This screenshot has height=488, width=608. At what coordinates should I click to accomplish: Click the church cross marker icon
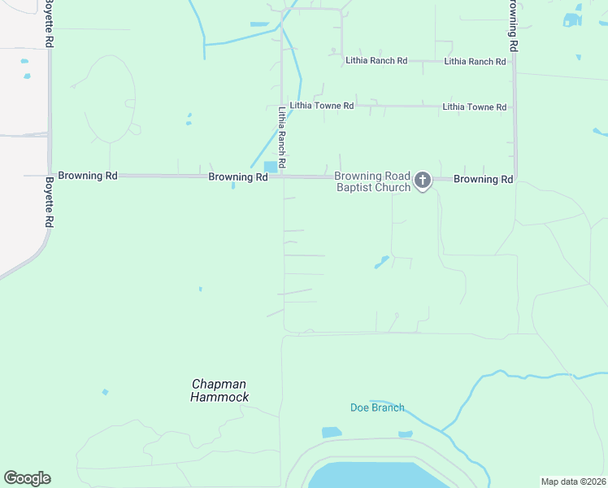(x=422, y=180)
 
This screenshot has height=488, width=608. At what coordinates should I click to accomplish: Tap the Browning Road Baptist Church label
(x=373, y=181)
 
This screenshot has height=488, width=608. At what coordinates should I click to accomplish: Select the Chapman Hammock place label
(x=219, y=390)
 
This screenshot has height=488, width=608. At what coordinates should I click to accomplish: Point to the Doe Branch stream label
(x=377, y=407)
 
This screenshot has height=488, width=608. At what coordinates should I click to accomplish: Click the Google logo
(x=27, y=478)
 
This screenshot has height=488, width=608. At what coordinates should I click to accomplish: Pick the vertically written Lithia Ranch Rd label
(x=282, y=138)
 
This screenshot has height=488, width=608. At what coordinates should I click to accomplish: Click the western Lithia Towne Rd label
(x=321, y=106)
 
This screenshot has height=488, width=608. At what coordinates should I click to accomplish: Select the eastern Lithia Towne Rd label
(x=474, y=107)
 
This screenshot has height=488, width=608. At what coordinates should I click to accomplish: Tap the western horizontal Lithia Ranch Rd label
(x=376, y=60)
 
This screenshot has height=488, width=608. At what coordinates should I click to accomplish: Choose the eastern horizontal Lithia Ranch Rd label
(x=475, y=61)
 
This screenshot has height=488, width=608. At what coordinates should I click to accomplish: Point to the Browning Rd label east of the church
(x=483, y=179)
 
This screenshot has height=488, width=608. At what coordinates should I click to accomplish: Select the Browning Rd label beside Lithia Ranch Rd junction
(x=238, y=176)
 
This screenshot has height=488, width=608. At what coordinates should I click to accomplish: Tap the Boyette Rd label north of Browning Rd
(x=50, y=23)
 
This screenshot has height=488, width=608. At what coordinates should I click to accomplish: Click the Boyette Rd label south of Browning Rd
(x=50, y=202)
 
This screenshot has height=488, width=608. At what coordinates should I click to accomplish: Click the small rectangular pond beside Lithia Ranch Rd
(x=270, y=166)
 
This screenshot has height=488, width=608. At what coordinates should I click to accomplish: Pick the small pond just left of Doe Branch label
(x=332, y=433)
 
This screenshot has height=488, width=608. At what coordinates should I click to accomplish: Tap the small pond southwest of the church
(x=380, y=263)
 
